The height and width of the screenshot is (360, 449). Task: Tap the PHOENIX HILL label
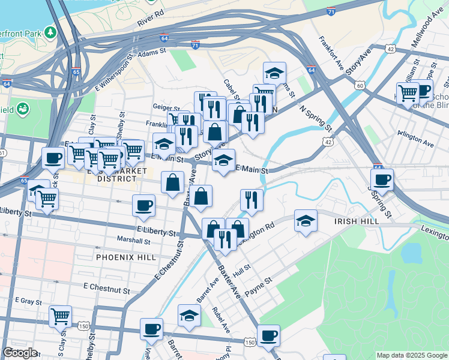pyautogui.click(x=122, y=257)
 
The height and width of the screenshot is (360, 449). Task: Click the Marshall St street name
pyautogui.click(x=133, y=241)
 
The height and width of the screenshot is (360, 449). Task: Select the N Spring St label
pyautogui.click(x=316, y=119)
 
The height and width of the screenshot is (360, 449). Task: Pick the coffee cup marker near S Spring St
pyautogui.click(x=382, y=179)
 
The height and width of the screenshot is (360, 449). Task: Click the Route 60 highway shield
pyautogui.click(x=360, y=86)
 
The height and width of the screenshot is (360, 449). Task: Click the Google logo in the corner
pyautogui.click(x=20, y=353)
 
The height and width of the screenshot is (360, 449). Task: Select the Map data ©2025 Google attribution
pyautogui.click(x=411, y=355)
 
